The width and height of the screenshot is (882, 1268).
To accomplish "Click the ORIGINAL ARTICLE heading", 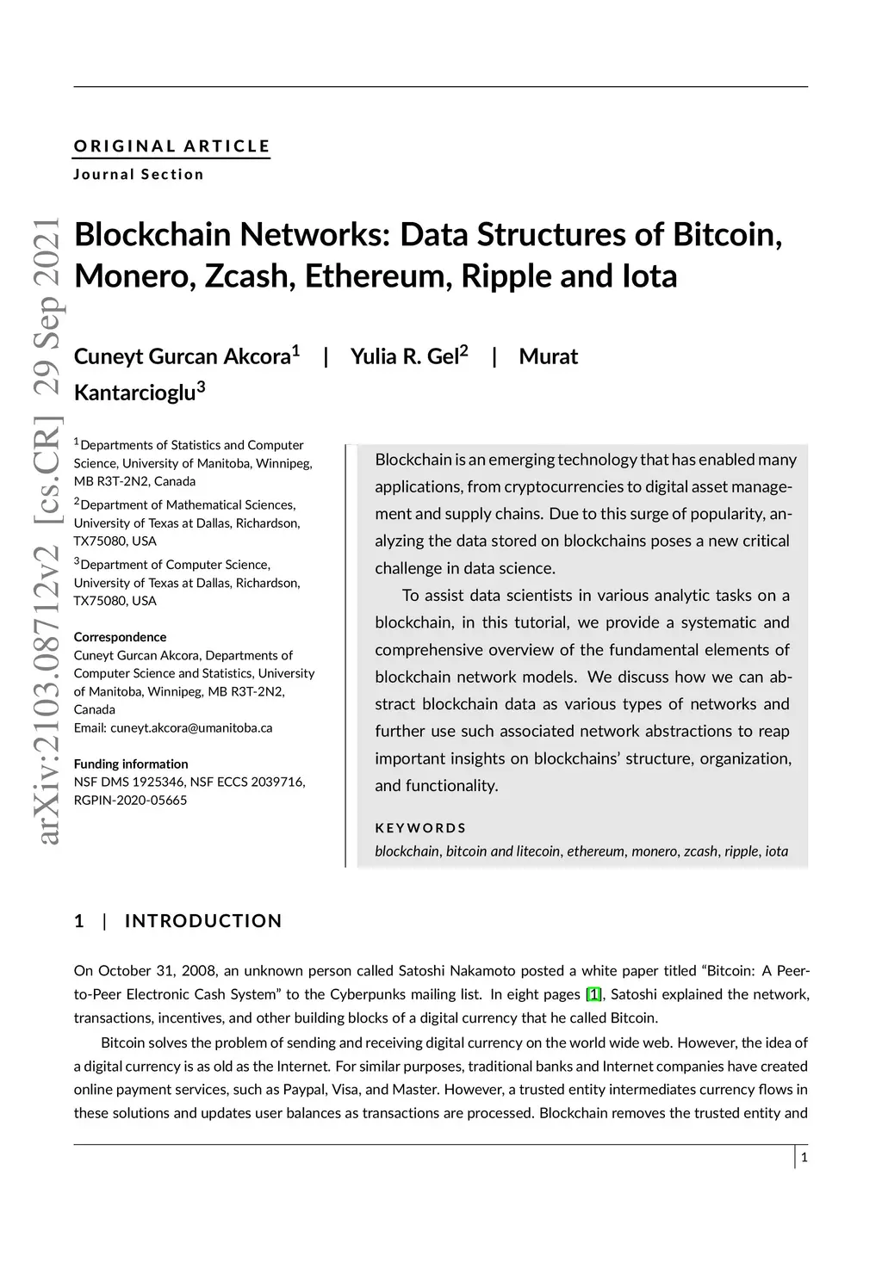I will [172, 146].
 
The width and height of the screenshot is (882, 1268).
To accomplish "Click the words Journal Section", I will [139, 174].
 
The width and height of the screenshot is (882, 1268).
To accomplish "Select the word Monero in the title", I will [134, 275].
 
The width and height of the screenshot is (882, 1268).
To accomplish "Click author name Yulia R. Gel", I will [405, 356].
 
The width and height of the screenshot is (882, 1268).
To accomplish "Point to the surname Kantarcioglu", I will [135, 393].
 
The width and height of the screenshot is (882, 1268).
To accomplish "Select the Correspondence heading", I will [120, 637].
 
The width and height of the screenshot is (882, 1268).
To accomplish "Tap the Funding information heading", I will [131, 764].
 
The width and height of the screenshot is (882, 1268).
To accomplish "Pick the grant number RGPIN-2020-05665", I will [130, 800].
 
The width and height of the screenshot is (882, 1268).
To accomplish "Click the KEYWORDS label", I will [420, 828].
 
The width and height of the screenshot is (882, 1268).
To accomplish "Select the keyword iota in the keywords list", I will [776, 851].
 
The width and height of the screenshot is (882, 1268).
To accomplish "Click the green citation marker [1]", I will [593, 995].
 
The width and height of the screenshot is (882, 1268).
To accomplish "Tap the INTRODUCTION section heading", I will [203, 921].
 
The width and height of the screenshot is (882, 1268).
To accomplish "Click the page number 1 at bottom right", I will [804, 1158].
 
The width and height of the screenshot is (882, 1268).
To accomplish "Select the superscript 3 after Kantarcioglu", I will [202, 387].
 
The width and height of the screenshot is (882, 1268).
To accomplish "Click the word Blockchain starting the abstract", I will [413, 460].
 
